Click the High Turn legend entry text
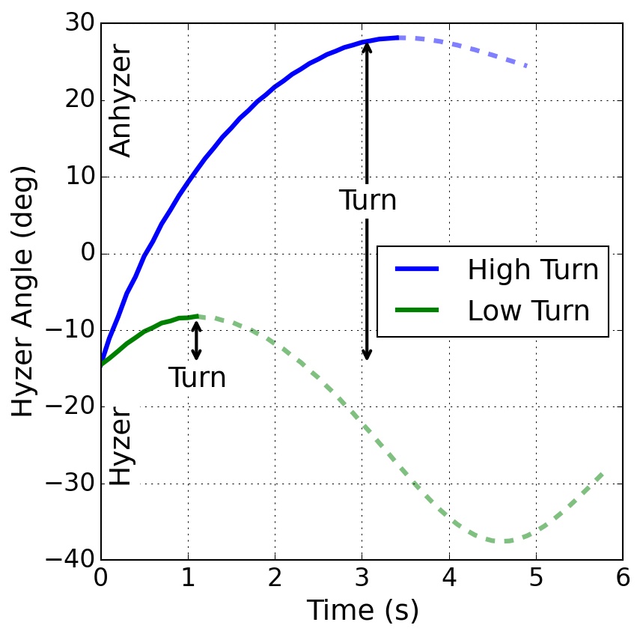pyautogui.click(x=533, y=270)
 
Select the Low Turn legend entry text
pyautogui.click(x=528, y=311)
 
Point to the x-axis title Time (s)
pyautogui.click(x=362, y=611)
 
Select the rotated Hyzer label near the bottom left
pyautogui.click(x=121, y=445)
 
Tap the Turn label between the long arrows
pyautogui.click(x=368, y=201)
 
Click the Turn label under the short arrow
pyautogui.click(x=197, y=378)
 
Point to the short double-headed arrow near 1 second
pyautogui.click(x=196, y=340)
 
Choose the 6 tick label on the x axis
pyautogui.click(x=622, y=579)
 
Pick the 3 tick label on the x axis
pyautogui.click(x=362, y=579)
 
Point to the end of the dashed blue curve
pyautogui.click(x=527, y=67)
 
